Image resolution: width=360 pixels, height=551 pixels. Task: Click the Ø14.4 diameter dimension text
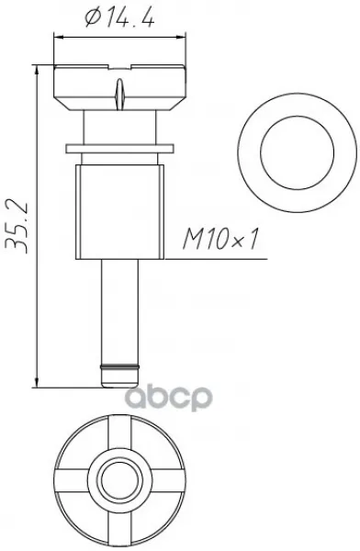click(x=119, y=17)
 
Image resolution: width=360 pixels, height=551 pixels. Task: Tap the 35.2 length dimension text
click(x=17, y=226)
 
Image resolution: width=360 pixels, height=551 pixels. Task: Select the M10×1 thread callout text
click(x=220, y=239)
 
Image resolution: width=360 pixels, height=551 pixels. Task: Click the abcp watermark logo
click(x=169, y=398)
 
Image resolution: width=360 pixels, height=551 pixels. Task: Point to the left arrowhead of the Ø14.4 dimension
click(x=58, y=36)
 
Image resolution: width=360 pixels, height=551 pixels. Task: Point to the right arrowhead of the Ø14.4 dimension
click(x=182, y=36)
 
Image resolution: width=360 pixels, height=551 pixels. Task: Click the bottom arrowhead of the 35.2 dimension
click(x=36, y=383)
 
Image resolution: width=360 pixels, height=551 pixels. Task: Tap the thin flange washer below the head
click(x=119, y=148)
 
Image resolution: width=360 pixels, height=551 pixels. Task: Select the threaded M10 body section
click(x=119, y=212)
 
